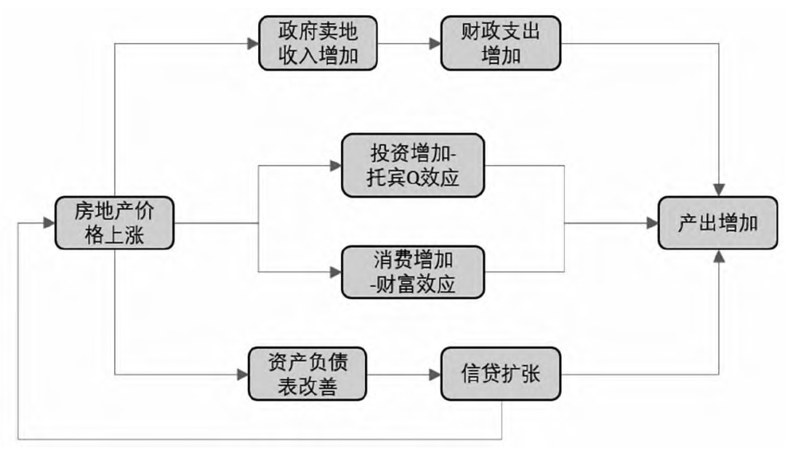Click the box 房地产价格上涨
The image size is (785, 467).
click(x=114, y=223)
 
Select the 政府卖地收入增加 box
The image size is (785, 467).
click(x=318, y=43)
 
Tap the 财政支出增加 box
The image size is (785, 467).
click(x=500, y=43)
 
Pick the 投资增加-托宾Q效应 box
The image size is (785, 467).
click(x=413, y=165)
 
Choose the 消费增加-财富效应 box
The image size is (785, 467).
click(x=413, y=272)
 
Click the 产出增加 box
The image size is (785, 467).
click(x=717, y=223)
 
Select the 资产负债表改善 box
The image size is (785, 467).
click(x=307, y=374)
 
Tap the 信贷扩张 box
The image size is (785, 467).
click(x=500, y=374)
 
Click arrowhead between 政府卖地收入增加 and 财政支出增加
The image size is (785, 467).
click(x=435, y=44)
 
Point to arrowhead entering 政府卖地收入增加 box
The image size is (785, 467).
click(x=253, y=44)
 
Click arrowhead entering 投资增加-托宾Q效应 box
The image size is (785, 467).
click(x=336, y=165)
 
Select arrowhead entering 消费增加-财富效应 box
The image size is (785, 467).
click(x=336, y=272)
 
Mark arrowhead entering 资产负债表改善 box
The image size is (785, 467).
click(x=243, y=375)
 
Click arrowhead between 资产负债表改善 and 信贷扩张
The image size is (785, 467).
click(x=435, y=375)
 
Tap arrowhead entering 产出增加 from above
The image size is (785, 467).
click(x=719, y=191)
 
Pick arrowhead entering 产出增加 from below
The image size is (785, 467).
click(x=719, y=255)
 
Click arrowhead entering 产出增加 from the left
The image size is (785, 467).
click(x=652, y=223)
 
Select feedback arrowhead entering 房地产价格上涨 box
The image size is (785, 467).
click(x=49, y=223)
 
